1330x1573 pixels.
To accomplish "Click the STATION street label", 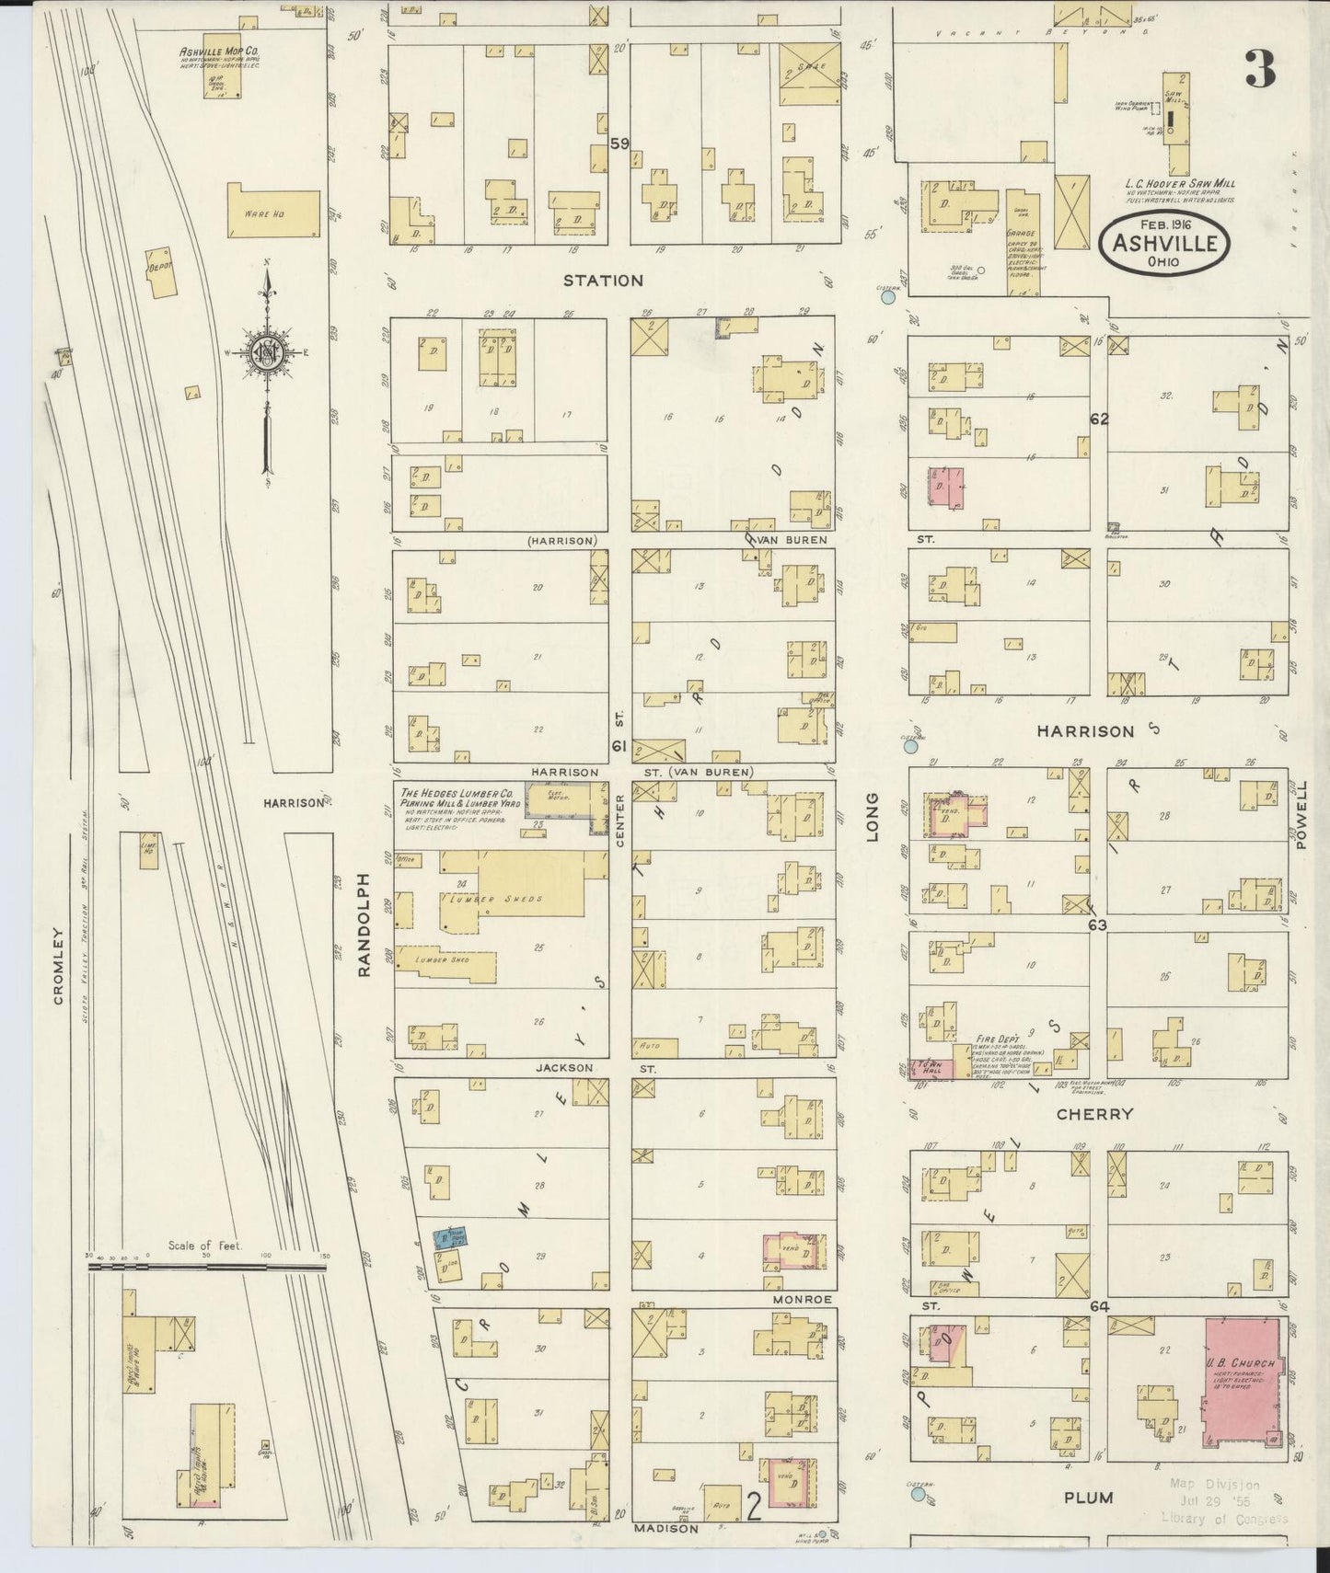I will (x=603, y=281).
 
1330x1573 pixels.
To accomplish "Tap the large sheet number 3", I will (x=1260, y=69).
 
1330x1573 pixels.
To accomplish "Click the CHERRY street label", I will (x=1094, y=1114).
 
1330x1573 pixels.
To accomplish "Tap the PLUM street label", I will (x=1089, y=1498).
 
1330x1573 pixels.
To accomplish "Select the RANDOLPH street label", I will (x=364, y=924).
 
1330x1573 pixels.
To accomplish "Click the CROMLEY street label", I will (x=59, y=965).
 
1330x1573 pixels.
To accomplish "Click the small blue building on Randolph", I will (x=451, y=1237).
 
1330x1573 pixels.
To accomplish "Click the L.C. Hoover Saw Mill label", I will (x=1180, y=183).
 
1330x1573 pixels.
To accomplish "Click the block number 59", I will (x=619, y=144).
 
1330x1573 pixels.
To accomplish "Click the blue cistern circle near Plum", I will (x=917, y=1495).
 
